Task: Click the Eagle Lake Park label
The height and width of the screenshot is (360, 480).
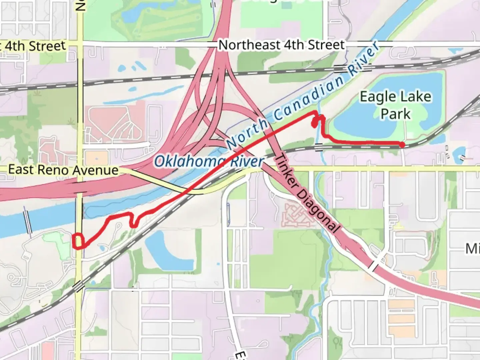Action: pos(395,105)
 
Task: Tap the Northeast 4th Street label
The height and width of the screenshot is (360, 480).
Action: pos(281,45)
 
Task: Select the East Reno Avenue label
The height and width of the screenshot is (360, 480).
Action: pos(63,170)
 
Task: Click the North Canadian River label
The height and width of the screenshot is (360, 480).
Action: pos(303,97)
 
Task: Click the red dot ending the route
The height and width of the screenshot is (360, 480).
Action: pos(402,144)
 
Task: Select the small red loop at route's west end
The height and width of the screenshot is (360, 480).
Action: pos(78,241)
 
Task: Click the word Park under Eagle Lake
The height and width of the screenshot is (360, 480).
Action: pos(395,114)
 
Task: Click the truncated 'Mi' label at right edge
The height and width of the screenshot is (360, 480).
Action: pos(472,248)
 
